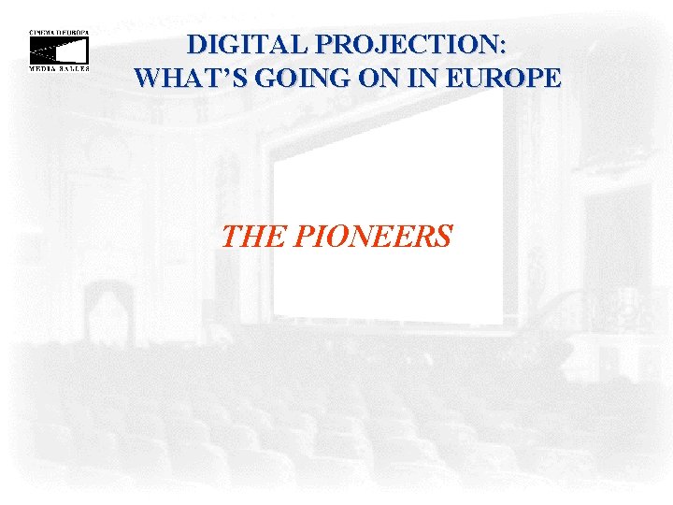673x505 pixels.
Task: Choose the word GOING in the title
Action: [280, 77]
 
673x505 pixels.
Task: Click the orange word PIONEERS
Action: [373, 237]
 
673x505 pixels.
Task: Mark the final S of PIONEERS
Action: [443, 237]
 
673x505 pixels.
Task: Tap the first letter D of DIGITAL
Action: [196, 45]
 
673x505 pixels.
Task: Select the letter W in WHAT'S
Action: [149, 77]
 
